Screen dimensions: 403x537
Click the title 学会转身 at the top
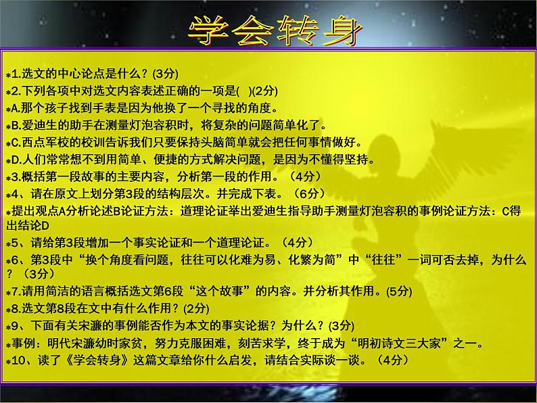(x=274, y=29)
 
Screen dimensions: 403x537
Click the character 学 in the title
(x=206, y=29)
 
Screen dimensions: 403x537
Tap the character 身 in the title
(x=338, y=29)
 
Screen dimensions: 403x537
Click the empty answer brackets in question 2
(x=251, y=91)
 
